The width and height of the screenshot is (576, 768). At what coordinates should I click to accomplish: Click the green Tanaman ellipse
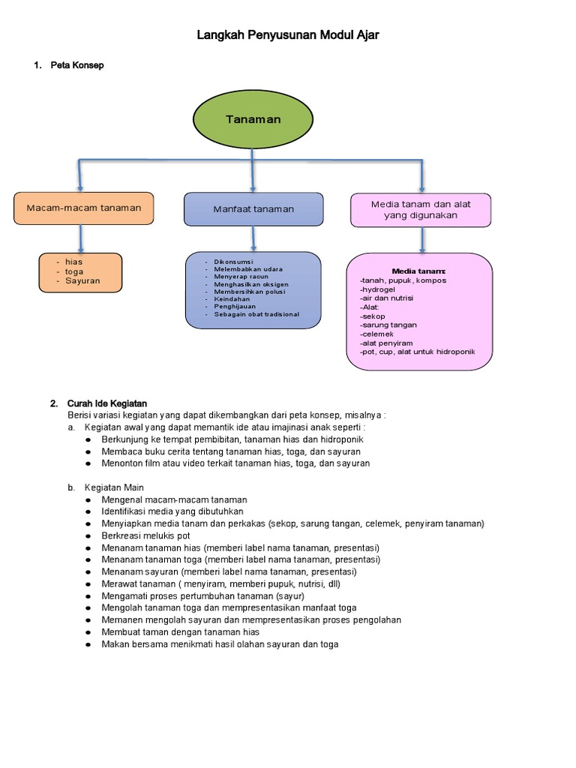(253, 120)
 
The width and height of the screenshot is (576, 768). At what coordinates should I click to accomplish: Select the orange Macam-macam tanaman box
(83, 208)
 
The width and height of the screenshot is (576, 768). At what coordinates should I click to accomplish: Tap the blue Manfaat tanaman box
(253, 209)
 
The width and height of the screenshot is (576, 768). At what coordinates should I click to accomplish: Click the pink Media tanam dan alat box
(421, 209)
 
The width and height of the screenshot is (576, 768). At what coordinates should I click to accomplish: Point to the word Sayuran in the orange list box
(82, 281)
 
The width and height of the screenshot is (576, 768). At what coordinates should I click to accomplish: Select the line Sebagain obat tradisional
(256, 314)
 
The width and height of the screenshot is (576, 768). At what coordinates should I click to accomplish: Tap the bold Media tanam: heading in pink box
(418, 271)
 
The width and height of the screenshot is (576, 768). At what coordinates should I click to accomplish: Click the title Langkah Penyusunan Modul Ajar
(288, 35)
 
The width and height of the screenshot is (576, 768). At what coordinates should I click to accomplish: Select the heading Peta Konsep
(76, 65)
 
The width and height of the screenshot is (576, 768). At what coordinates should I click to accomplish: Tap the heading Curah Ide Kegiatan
(107, 403)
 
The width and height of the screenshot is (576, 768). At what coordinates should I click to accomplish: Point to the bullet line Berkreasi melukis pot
(145, 535)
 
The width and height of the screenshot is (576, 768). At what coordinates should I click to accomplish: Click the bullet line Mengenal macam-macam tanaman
(174, 499)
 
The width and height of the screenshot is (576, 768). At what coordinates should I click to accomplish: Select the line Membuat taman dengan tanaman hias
(180, 632)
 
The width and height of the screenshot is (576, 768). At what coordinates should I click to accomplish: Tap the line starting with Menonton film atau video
(235, 463)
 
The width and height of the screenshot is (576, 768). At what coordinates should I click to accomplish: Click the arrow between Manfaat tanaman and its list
(253, 238)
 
